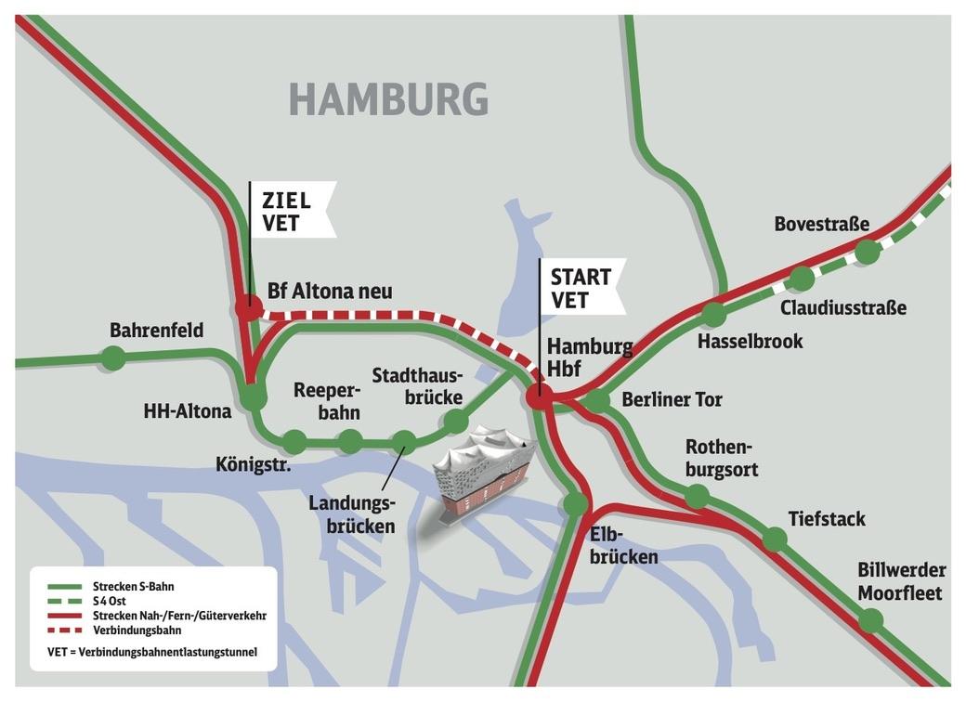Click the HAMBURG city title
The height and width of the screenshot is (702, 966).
click(x=388, y=98)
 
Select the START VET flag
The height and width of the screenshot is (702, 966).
click(x=581, y=287)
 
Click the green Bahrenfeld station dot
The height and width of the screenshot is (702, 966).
click(x=113, y=357)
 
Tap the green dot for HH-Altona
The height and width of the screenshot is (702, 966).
click(x=253, y=398)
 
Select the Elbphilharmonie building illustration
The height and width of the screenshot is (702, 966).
click(x=485, y=473)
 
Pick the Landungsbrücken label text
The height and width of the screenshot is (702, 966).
click(x=352, y=514)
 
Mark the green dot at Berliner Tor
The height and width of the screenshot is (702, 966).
click(x=598, y=400)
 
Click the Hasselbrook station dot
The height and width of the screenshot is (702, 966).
click(x=713, y=314)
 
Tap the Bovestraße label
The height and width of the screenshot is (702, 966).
click(x=821, y=224)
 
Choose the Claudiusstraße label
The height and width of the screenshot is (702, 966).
click(x=842, y=307)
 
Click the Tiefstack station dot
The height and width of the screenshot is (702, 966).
click(x=775, y=539)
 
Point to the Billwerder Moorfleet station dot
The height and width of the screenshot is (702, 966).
click(x=870, y=620)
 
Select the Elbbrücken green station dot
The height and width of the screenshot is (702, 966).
click(x=575, y=504)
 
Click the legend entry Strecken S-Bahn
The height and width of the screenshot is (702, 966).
click(x=133, y=587)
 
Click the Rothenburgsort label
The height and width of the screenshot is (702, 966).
click(x=722, y=458)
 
